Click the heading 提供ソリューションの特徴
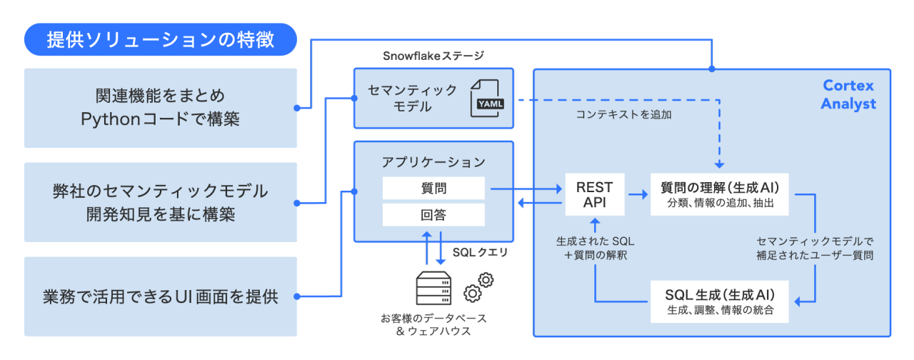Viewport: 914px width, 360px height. click(x=160, y=40)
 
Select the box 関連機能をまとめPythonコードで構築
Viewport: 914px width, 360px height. click(x=160, y=108)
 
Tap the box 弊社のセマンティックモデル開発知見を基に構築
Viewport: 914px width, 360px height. click(x=160, y=202)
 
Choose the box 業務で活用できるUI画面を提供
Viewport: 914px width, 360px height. click(x=160, y=296)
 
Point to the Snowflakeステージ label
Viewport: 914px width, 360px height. click(x=433, y=56)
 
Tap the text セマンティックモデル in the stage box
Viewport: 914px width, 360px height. click(x=412, y=99)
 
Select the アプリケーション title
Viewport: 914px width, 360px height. click(x=433, y=162)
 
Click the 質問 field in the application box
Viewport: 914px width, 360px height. click(x=433, y=189)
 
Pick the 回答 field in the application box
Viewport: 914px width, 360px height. click(x=433, y=214)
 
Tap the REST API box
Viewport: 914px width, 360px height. click(x=595, y=195)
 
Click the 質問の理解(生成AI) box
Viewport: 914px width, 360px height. click(x=719, y=195)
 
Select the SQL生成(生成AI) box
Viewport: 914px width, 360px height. click(x=719, y=301)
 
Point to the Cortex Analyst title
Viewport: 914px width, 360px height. click(x=848, y=95)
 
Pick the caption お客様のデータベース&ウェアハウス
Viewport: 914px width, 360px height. click(x=433, y=324)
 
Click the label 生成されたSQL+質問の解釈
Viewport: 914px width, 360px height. click(x=595, y=248)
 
